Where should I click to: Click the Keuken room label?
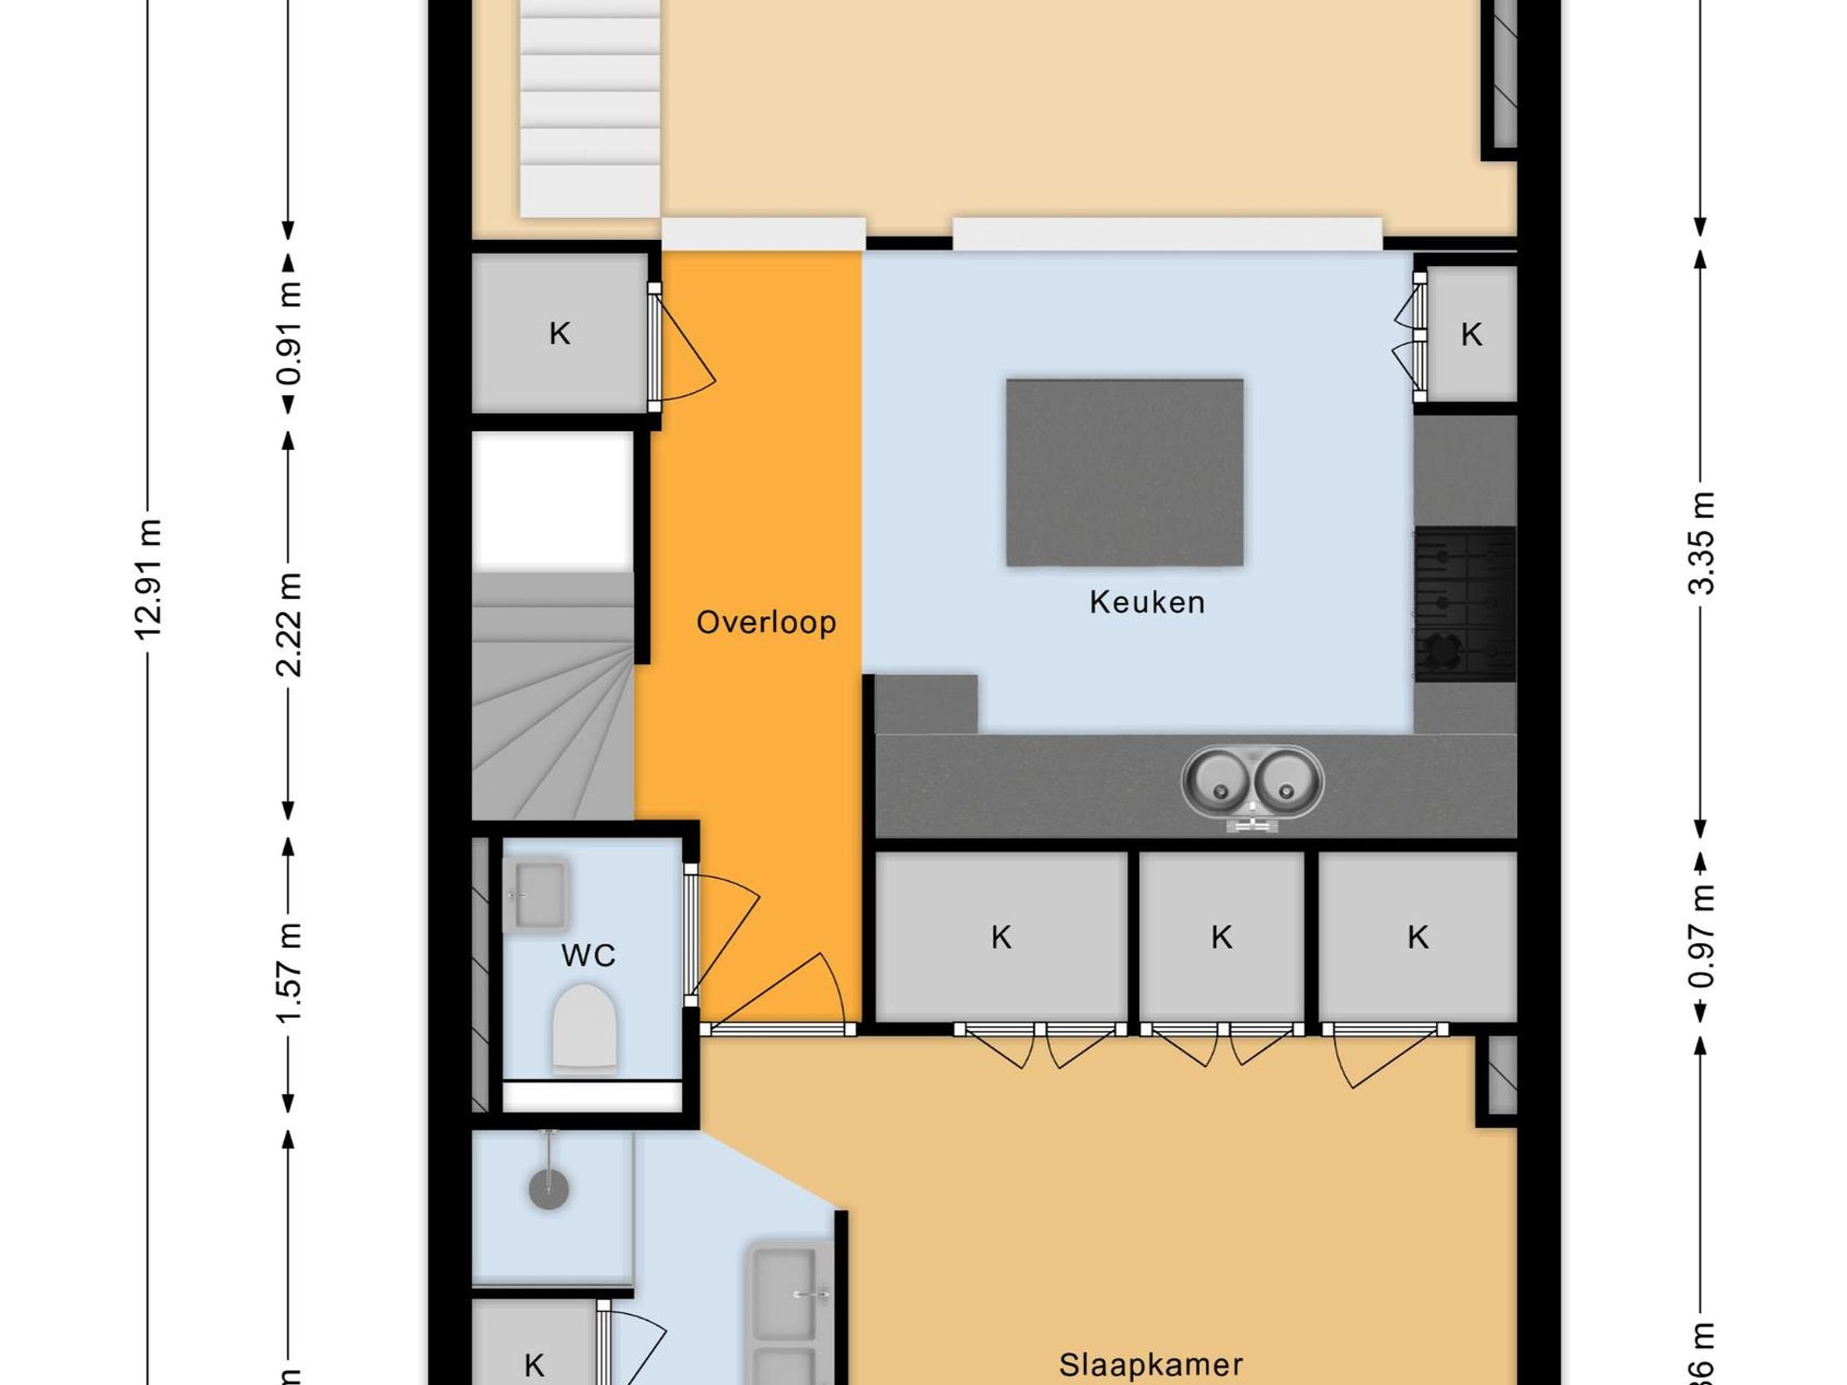pos(1146,603)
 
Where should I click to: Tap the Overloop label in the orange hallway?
pos(765,623)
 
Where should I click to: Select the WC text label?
pos(588,955)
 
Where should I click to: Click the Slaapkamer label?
pos(1151,1365)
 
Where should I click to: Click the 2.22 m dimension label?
pos(288,625)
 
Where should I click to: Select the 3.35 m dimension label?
pos(1701,543)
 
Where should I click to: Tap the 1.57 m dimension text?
pos(288,972)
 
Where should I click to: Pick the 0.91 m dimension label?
pos(288,333)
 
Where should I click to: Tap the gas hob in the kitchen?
pos(1465,604)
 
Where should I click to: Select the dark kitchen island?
pos(1124,472)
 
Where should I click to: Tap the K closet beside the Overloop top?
pos(559,334)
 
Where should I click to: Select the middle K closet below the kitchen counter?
pos(1221,937)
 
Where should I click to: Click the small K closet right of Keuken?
pos(1470,334)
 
